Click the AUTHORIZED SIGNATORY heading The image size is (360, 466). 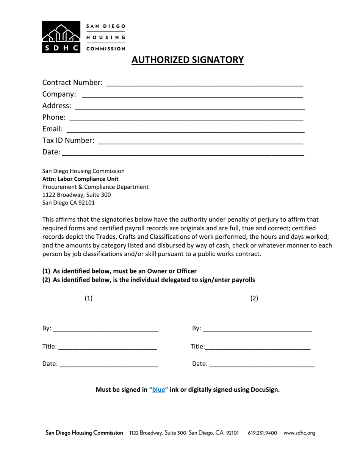coord(188,60)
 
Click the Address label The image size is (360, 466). coord(56,105)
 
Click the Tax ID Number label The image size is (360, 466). coord(68,141)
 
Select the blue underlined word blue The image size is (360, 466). coord(159,389)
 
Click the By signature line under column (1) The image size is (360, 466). coord(105,329)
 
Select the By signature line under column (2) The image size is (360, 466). coord(257,329)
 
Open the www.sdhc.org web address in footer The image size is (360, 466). coord(299,433)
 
